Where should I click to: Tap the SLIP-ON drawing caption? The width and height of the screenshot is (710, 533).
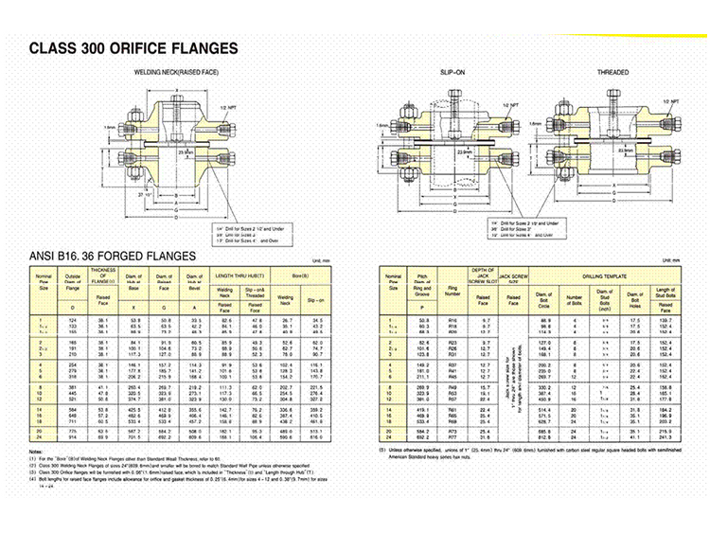click(453, 72)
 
